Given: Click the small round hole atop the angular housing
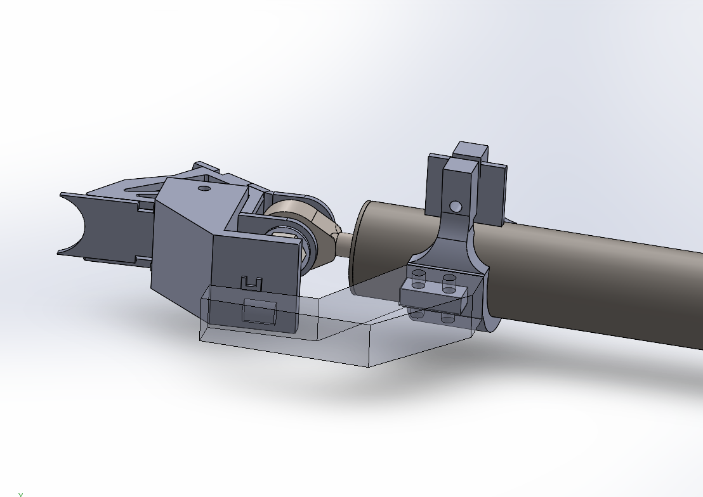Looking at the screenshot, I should click(204, 188).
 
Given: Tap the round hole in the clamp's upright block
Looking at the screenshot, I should click(455, 206).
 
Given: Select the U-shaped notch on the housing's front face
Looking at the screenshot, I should click(251, 283).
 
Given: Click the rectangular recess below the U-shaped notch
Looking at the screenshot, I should click(259, 313).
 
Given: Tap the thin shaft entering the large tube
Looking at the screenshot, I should click(345, 243).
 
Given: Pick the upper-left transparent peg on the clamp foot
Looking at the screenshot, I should click(418, 278).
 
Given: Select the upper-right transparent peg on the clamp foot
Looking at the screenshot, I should click(449, 281).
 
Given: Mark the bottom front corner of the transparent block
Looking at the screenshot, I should click(369, 366).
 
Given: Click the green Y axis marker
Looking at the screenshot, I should click(20, 494).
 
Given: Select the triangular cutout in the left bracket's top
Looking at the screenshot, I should click(143, 188).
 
